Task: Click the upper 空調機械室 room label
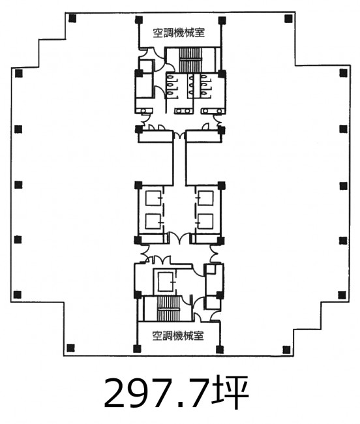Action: (x=179, y=33)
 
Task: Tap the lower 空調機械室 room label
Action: (x=178, y=336)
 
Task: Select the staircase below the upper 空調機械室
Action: (x=190, y=60)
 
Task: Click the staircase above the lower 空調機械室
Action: (x=168, y=309)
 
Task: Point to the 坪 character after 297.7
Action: (x=233, y=393)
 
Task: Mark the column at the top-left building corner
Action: (x=72, y=19)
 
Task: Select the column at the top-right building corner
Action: (x=288, y=19)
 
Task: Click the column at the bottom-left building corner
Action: (x=70, y=348)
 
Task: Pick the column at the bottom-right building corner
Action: (x=286, y=350)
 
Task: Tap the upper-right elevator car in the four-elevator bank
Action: (x=205, y=198)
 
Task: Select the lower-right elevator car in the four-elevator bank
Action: (x=205, y=222)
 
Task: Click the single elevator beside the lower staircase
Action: (x=166, y=282)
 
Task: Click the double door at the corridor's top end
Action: (x=179, y=135)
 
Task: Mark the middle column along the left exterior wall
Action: (x=18, y=185)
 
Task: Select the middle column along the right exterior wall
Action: (x=344, y=186)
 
